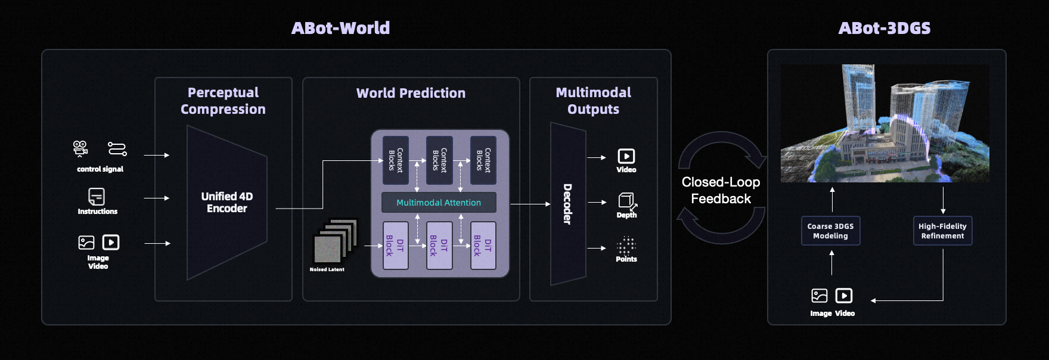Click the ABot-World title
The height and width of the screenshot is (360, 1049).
click(340, 28)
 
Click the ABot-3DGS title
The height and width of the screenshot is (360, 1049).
click(884, 28)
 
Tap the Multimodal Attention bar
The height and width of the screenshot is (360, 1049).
click(439, 203)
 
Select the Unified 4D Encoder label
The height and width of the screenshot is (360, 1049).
click(227, 202)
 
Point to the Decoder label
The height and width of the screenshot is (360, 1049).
click(567, 204)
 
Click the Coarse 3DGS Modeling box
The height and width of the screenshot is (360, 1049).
click(830, 231)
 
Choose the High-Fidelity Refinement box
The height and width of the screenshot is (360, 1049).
click(942, 231)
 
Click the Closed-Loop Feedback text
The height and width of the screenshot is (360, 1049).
click(721, 190)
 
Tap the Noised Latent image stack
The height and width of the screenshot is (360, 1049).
click(334, 242)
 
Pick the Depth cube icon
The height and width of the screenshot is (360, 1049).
click(626, 200)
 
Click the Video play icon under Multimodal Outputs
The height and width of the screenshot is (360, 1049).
click(626, 156)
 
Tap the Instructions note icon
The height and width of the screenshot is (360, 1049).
click(97, 196)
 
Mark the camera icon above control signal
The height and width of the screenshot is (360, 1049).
click(80, 148)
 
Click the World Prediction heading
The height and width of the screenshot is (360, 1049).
click(411, 93)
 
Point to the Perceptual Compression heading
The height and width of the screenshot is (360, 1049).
click(223, 101)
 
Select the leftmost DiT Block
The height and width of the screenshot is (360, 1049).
click(395, 245)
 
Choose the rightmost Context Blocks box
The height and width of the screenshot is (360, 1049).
click(483, 160)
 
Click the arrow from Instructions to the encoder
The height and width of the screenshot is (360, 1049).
click(157, 198)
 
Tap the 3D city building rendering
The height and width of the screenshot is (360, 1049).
click(884, 123)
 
